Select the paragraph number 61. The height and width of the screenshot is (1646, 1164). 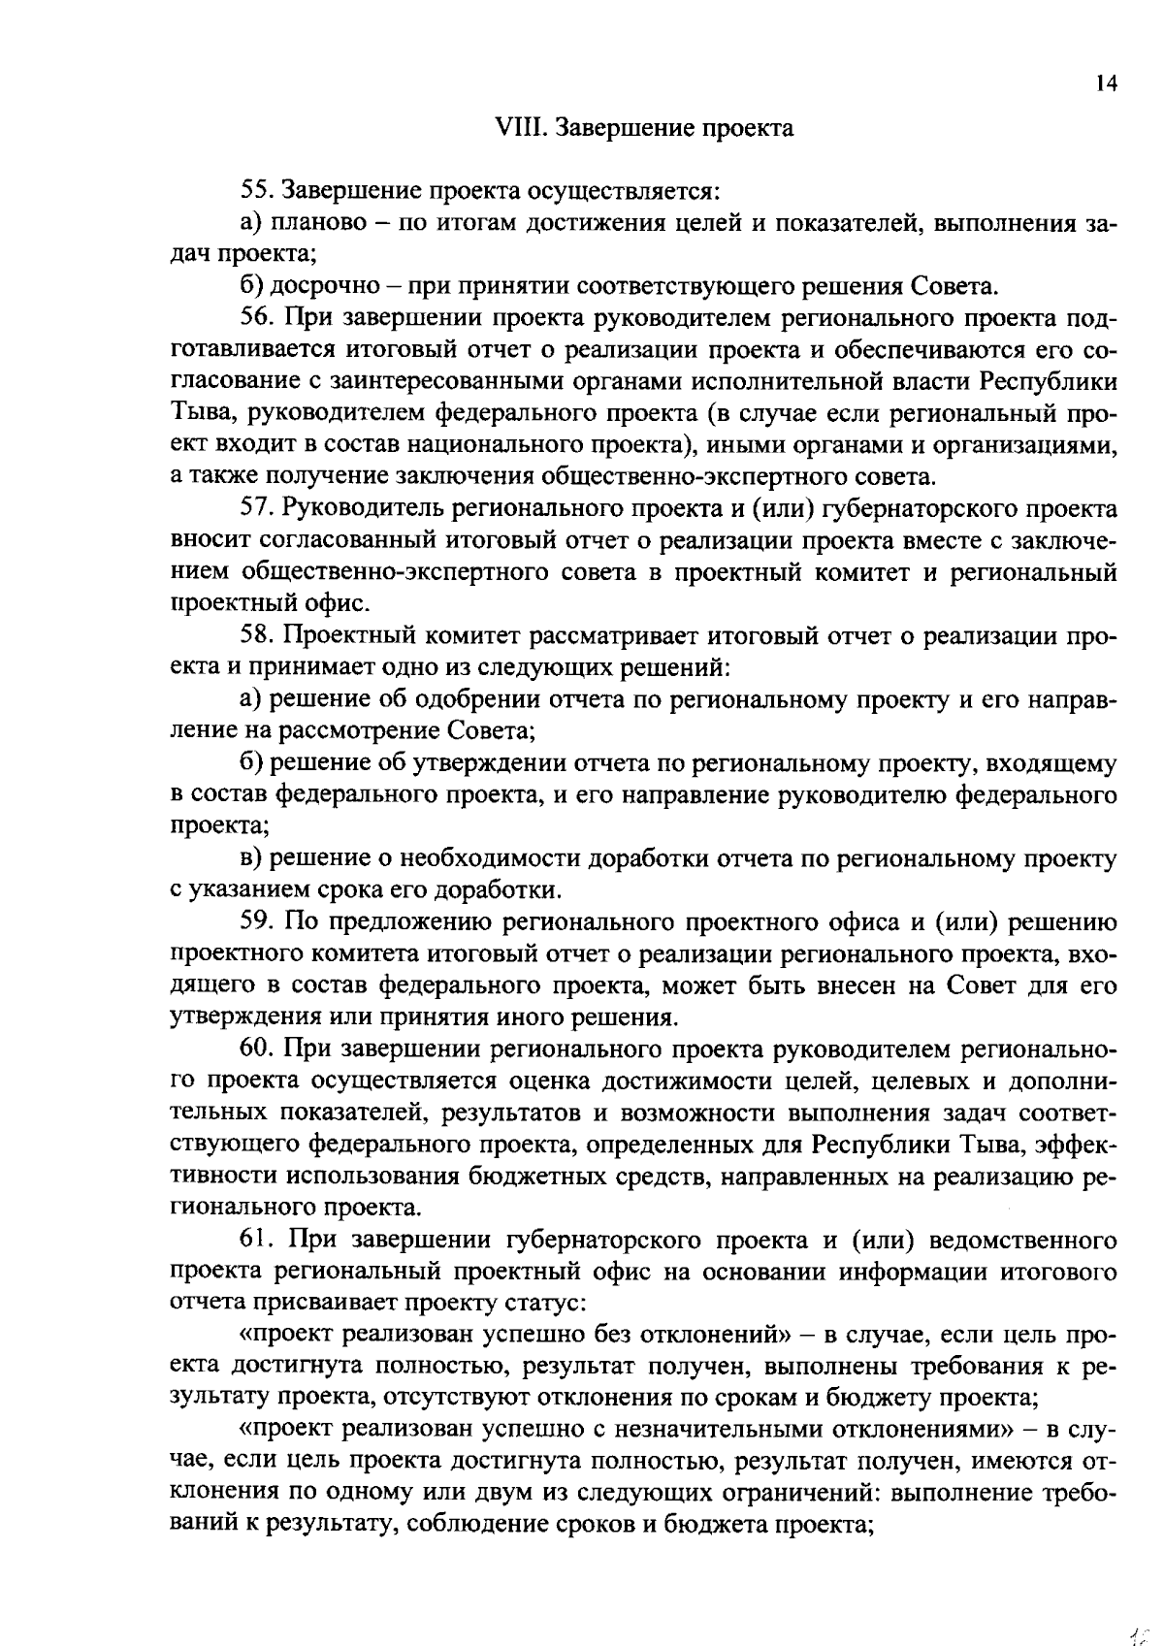pos(255,1240)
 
